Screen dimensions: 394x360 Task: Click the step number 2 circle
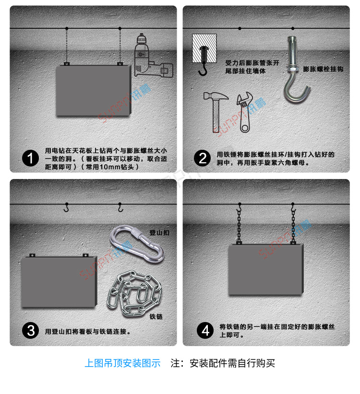coord(203,158)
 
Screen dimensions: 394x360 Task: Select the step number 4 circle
coord(205,331)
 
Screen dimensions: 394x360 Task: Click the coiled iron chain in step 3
coord(134,294)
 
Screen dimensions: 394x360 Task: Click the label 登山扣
coord(159,232)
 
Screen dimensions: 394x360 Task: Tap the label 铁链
coord(156,317)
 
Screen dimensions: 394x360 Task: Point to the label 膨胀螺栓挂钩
coord(323,69)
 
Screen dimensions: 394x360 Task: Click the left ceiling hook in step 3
coord(67,207)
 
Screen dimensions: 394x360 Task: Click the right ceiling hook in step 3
coord(120,207)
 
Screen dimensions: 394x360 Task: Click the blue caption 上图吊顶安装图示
coord(122,363)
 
